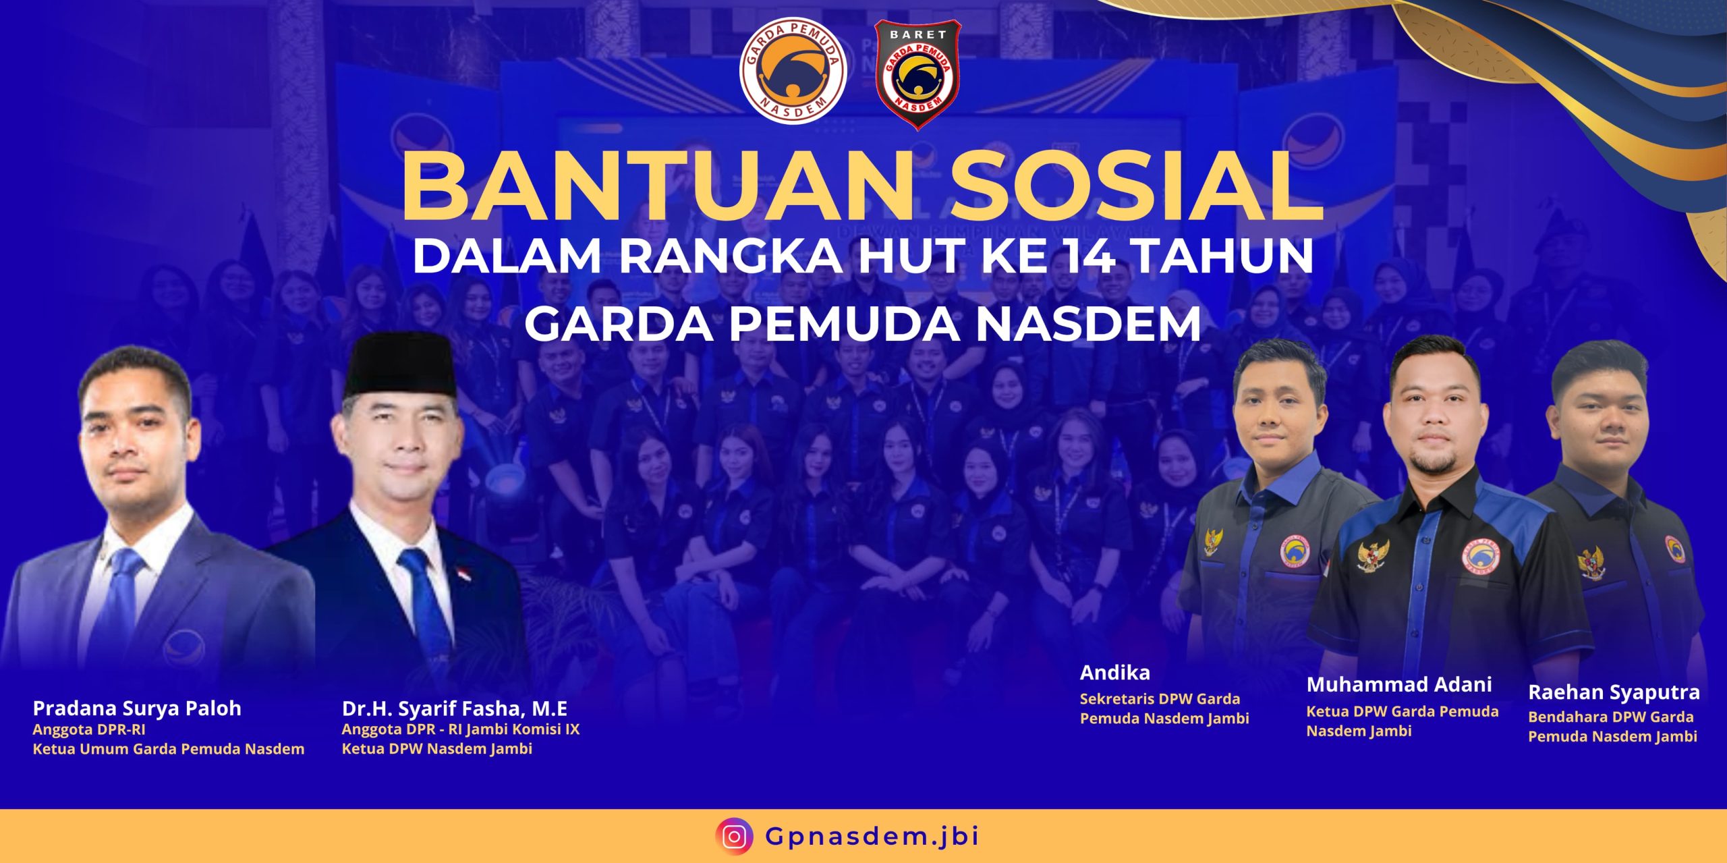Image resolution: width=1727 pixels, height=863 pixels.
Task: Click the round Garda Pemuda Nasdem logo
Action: (x=793, y=71)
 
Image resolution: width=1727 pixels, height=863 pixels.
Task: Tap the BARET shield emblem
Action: (x=917, y=74)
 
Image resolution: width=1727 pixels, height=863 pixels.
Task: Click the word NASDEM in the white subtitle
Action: (x=1088, y=324)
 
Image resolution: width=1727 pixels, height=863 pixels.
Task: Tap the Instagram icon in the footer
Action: (x=735, y=837)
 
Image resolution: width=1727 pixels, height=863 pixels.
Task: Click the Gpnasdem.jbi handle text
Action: (x=872, y=837)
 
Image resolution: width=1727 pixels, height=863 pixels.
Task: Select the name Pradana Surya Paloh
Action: (x=137, y=708)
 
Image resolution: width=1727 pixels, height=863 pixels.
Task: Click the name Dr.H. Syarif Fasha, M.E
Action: (x=455, y=708)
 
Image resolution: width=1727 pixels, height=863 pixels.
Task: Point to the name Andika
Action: (x=1115, y=673)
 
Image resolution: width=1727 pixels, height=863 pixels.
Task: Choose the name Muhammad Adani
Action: (x=1399, y=685)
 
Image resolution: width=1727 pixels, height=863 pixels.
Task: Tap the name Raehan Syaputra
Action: (x=1614, y=693)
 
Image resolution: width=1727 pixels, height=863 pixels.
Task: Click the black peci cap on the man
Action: (x=400, y=364)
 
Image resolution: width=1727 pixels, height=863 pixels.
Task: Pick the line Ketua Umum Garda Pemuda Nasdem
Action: (x=169, y=749)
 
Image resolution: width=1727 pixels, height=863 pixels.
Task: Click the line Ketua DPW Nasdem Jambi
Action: (x=437, y=749)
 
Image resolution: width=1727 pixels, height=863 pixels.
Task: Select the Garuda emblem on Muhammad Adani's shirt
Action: (x=1374, y=557)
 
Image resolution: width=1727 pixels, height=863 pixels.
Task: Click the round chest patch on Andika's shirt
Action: (x=1294, y=551)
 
